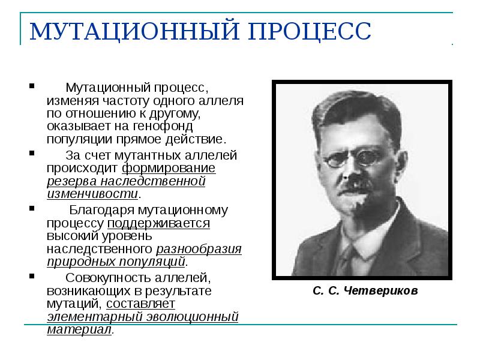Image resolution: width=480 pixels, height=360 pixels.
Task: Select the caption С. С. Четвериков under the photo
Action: click(x=364, y=291)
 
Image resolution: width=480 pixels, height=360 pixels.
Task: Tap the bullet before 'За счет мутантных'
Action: click(x=31, y=154)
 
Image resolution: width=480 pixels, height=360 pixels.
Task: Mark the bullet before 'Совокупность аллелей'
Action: click(x=31, y=277)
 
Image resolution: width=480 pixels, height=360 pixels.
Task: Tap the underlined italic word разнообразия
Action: click(x=199, y=248)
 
